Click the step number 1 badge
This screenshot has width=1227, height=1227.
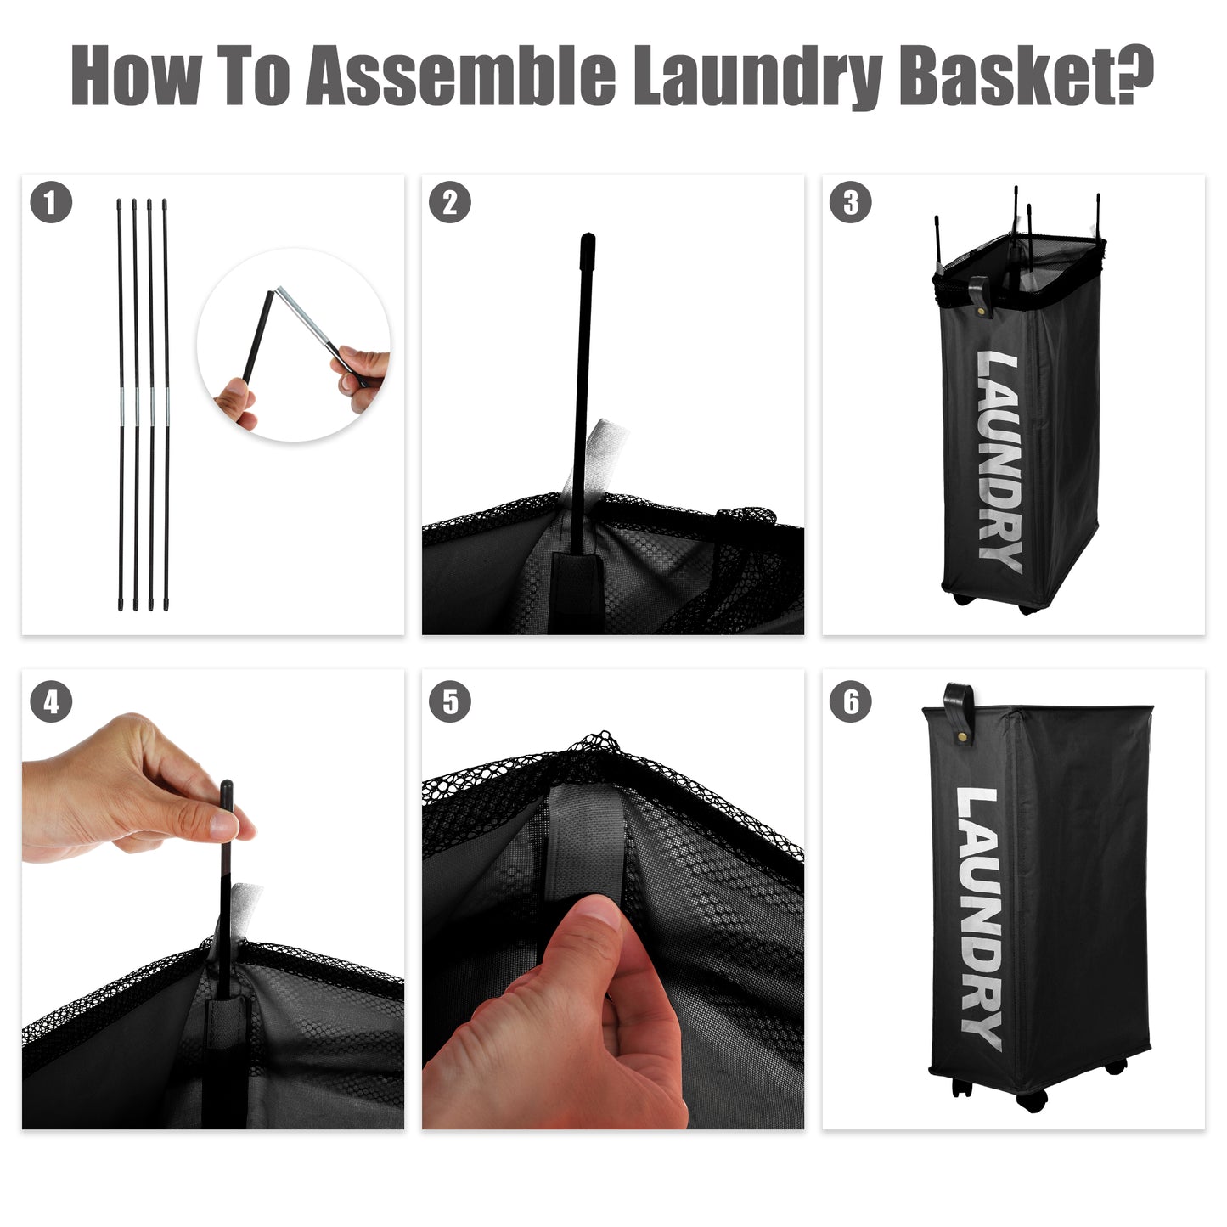51,203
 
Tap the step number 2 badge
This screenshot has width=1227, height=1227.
449,203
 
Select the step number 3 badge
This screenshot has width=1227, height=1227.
850,203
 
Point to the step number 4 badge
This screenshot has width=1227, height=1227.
51,702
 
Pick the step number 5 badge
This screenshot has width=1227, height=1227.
449,702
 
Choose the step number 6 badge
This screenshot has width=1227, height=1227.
850,702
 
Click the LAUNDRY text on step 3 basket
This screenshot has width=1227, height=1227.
998,463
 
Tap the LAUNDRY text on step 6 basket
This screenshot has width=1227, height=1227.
978,917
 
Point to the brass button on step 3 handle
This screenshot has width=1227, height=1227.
983,312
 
